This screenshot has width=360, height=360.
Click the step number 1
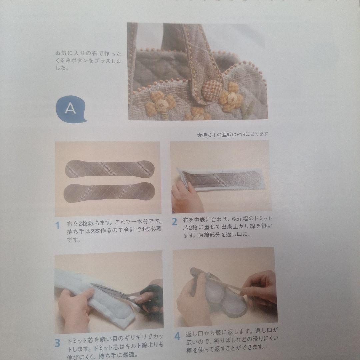pos(57,226)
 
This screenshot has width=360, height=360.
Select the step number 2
pos(174,222)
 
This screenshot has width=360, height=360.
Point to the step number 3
pos(57,343)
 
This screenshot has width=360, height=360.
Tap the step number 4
pos(177,336)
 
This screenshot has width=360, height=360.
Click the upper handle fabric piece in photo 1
pos(110,169)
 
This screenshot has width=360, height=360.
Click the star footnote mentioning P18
pos(232,134)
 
